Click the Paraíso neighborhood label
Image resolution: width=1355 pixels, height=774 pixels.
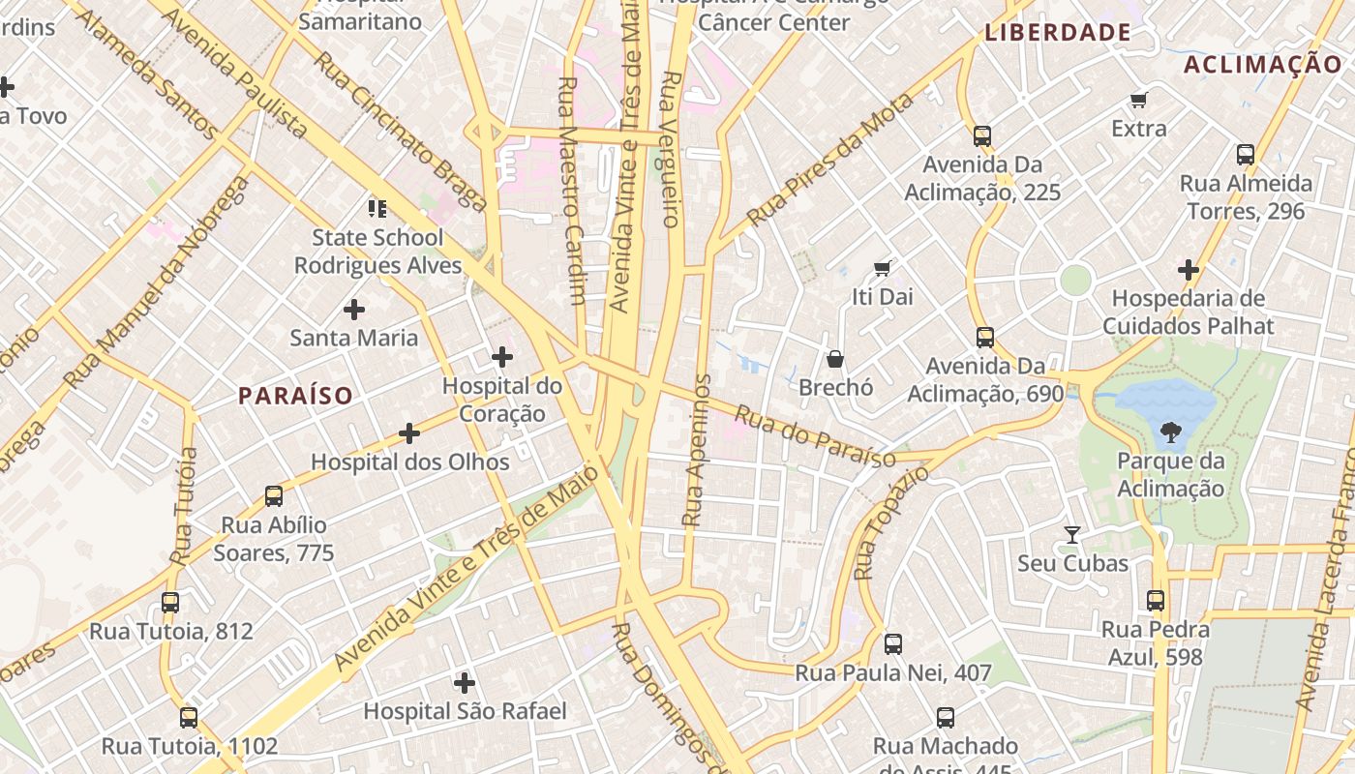coord(295,396)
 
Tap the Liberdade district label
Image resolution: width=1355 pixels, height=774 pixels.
coord(1058,33)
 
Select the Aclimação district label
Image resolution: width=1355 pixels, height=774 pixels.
coord(1262,65)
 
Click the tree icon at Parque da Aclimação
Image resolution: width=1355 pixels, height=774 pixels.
coord(1171,432)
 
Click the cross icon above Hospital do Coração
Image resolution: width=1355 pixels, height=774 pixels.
coord(502,357)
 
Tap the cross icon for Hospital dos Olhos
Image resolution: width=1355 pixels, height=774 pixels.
coord(409,432)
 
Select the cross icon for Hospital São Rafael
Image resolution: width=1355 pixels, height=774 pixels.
coord(465,683)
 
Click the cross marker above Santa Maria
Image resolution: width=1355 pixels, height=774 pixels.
coord(354,310)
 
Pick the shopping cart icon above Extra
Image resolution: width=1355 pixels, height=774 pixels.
coord(1139,100)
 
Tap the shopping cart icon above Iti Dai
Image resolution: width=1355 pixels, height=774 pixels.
coord(882,268)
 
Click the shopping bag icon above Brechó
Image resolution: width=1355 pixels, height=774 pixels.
coord(835,359)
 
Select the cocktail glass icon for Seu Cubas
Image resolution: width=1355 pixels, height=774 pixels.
coord(1072,534)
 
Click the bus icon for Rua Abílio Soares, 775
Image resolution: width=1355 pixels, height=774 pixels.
coord(274,496)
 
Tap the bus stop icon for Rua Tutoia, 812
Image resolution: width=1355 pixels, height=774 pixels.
coord(170,603)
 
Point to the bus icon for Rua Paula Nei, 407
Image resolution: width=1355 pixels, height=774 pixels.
coord(893,643)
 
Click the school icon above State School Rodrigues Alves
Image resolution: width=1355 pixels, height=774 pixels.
coord(377,208)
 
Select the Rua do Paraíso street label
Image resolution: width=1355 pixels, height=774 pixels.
coord(815,436)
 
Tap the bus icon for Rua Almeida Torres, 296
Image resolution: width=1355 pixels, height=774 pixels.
coord(1246,155)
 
